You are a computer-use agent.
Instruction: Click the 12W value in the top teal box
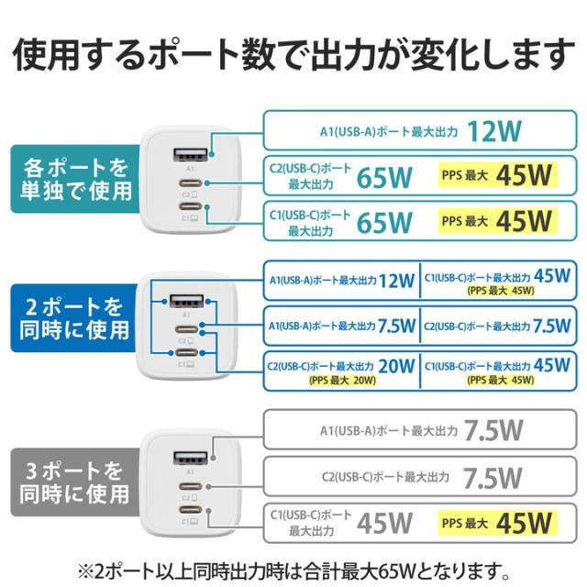coord(493,131)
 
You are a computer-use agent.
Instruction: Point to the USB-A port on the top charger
coord(191,152)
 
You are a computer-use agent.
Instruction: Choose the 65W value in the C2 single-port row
coord(384,176)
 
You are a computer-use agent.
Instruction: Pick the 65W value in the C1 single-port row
coord(384,221)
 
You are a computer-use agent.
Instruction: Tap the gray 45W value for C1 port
coord(384,524)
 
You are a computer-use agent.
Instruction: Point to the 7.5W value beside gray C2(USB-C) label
coord(493,477)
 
